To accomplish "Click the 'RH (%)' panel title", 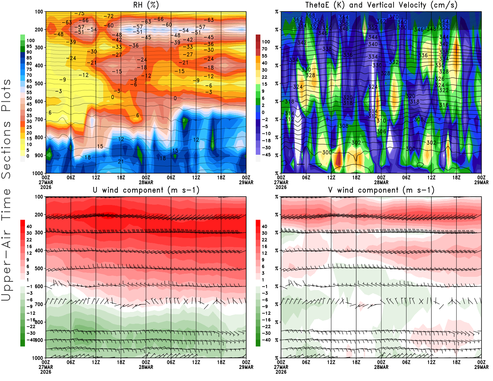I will coord(146,5).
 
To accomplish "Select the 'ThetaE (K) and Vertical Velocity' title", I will coord(381,5).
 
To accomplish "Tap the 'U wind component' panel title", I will coord(146,190).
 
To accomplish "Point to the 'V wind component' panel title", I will coord(381,190).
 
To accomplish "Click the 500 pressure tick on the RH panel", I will coord(39,84).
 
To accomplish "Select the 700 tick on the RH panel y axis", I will coord(39,119).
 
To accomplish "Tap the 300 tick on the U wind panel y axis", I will coord(39,232).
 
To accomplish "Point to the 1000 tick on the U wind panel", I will coord(38,358).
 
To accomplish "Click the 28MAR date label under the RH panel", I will coord(146,182).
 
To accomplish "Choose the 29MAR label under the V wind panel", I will coord(481,367).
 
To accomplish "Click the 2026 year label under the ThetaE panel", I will coord(281,187).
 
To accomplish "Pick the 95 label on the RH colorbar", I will coord(29,46).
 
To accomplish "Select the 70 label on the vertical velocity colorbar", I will coord(264,49).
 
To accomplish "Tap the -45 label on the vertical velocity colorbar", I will coord(266,155).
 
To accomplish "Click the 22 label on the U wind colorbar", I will coord(29,240).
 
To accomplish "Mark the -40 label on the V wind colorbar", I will coord(266,340).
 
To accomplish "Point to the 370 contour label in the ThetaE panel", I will coord(394,17).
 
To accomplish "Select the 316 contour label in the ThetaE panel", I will coord(444,105).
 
